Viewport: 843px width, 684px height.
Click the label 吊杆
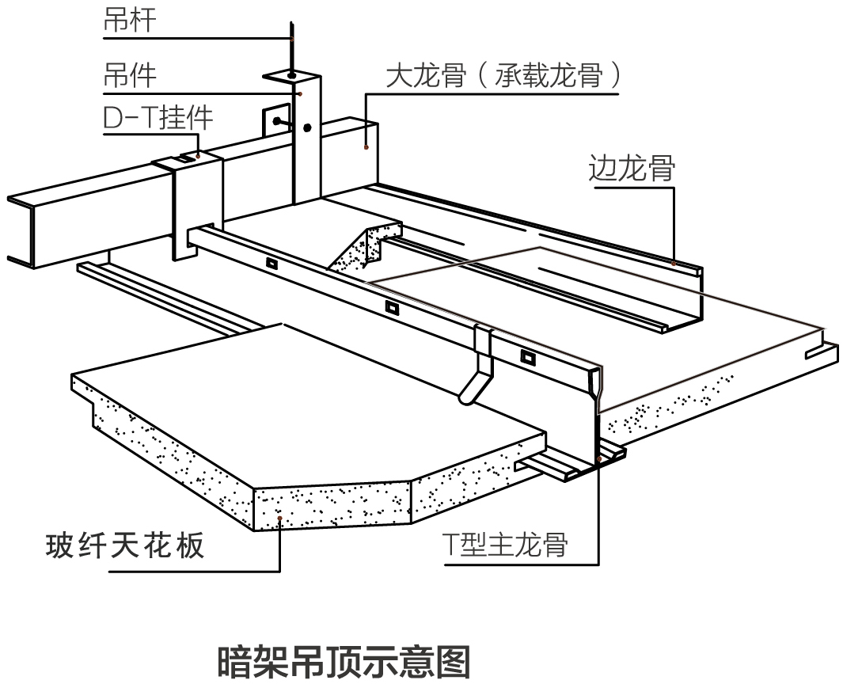click(129, 21)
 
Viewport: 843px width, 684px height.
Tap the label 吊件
click(129, 75)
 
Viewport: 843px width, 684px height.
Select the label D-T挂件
click(158, 118)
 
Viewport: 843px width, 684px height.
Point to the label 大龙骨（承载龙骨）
click(502, 77)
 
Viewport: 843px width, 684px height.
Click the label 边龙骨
click(631, 169)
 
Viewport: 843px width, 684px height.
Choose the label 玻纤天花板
click(124, 546)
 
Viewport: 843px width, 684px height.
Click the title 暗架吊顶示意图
click(343, 662)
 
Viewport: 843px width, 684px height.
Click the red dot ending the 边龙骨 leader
click(674, 262)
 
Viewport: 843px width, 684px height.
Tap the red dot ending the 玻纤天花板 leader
click(280, 519)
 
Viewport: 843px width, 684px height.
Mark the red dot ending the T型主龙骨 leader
click(598, 458)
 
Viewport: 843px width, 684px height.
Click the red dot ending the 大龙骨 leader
click(366, 146)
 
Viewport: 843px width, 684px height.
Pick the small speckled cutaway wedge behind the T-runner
click(363, 249)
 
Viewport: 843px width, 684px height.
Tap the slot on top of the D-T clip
click(184, 158)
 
